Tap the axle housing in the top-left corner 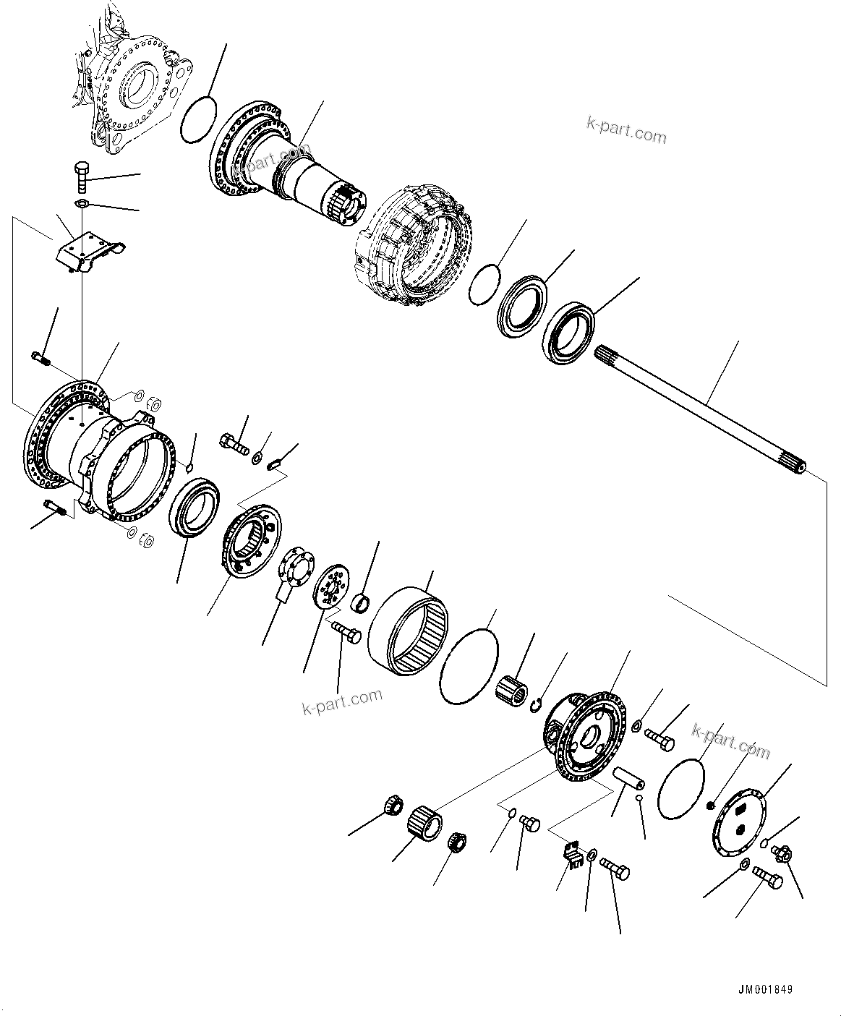134,90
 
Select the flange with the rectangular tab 296,571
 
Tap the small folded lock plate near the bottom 574,853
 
